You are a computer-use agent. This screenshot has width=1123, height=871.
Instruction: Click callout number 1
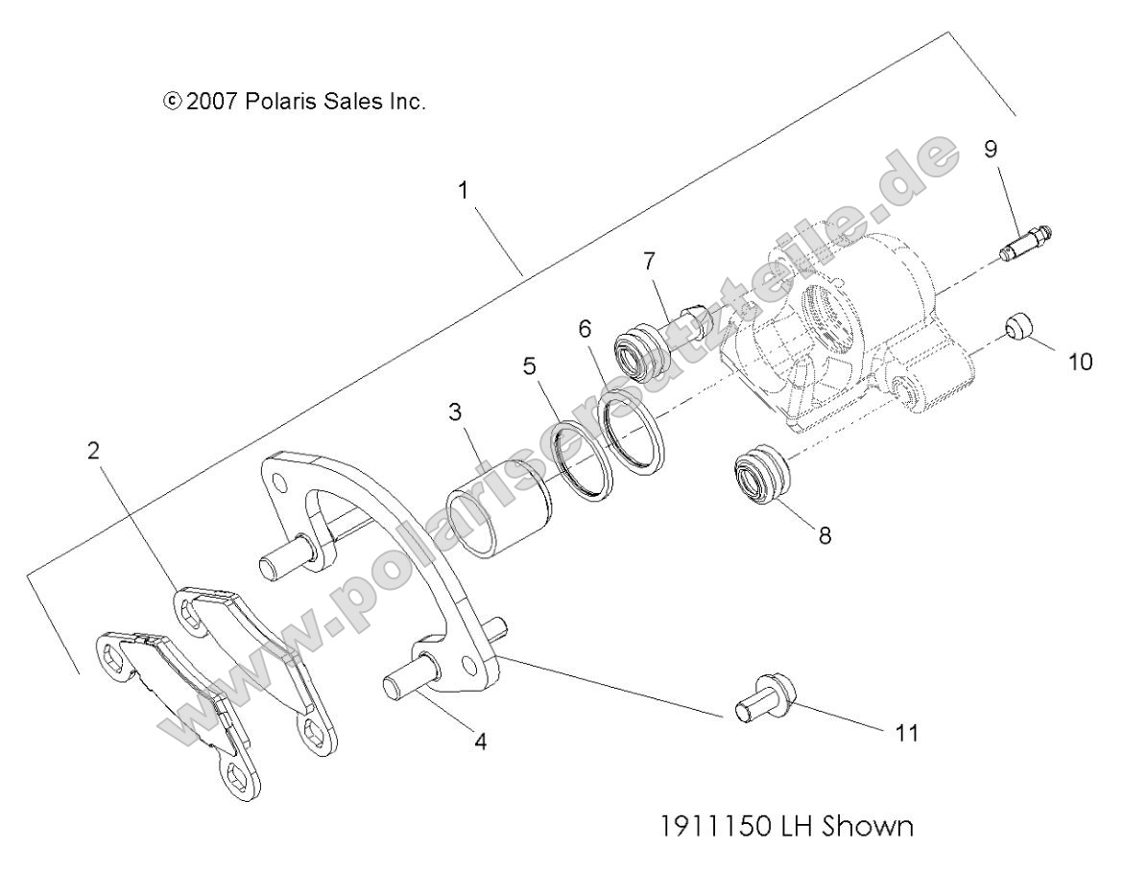[x=464, y=190]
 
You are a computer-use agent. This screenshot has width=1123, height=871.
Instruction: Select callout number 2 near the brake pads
[x=93, y=451]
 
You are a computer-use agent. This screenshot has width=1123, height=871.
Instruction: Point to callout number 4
[x=480, y=741]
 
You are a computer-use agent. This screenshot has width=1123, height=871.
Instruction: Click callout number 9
[x=990, y=149]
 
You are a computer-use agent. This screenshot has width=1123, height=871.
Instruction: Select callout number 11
[x=907, y=734]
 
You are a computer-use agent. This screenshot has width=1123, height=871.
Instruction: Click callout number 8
[x=824, y=535]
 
